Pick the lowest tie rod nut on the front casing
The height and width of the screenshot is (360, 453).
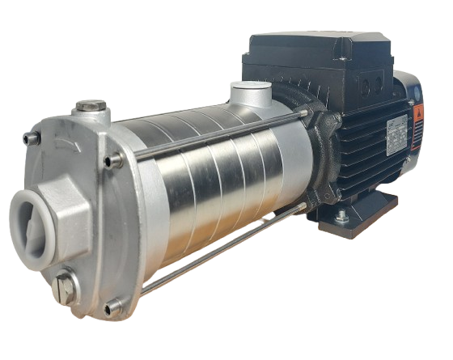(x=112, y=306)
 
